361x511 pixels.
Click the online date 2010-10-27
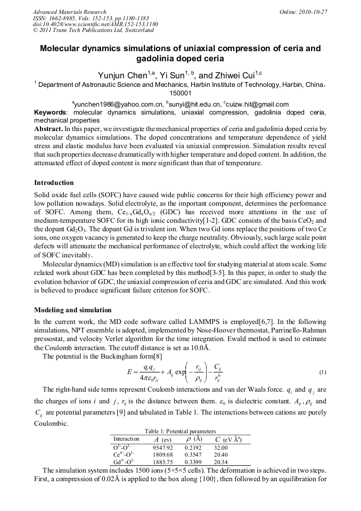pos(313,12)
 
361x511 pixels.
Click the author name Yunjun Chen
pos(122,75)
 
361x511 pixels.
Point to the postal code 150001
pos(180,93)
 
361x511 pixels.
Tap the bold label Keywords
pos(51,112)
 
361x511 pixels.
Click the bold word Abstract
pos(48,129)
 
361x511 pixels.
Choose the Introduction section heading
pos(54,183)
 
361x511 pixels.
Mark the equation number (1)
pos(323,372)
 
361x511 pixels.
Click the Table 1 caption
pos(180,431)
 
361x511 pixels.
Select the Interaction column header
pos(126,439)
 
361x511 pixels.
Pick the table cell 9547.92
pos(162,448)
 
